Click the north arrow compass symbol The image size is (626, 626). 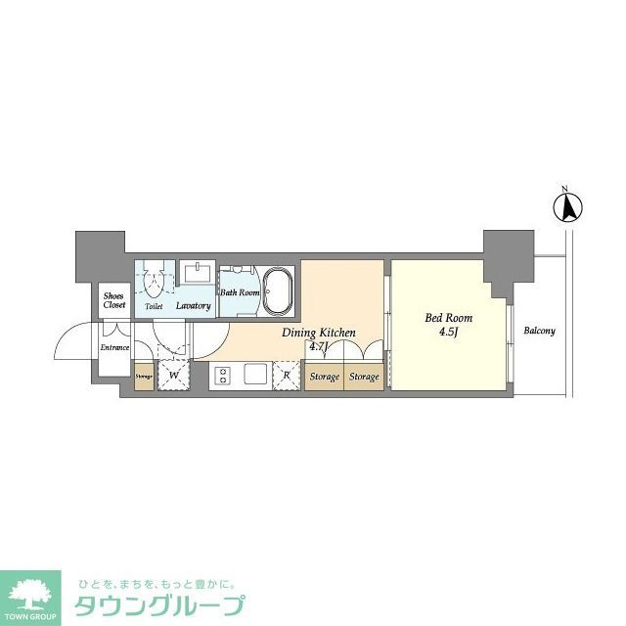tap(565, 207)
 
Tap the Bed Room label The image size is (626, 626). tap(447, 318)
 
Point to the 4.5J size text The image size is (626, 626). tap(448, 332)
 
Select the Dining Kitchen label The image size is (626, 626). tap(318, 334)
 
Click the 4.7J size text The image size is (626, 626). tap(318, 346)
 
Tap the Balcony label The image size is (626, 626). tap(538, 331)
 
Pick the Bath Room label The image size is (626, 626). tap(239, 292)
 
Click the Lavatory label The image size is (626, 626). tap(193, 306)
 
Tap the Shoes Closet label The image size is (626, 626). tap(114, 300)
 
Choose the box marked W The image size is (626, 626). tap(173, 375)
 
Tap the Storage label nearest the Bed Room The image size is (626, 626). tap(364, 377)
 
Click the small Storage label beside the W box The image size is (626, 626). tap(144, 376)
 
